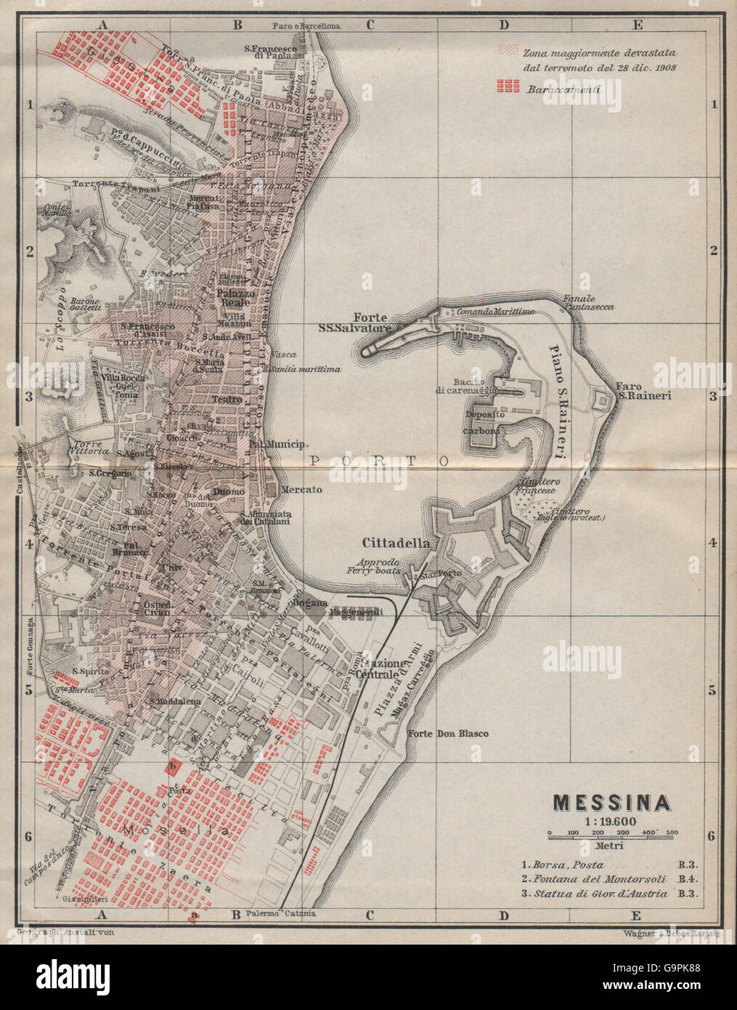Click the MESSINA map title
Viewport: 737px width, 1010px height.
coord(611,802)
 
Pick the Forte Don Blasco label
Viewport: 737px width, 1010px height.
coord(447,733)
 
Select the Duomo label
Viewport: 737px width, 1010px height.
coord(228,492)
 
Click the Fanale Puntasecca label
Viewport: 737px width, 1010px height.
coord(587,302)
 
